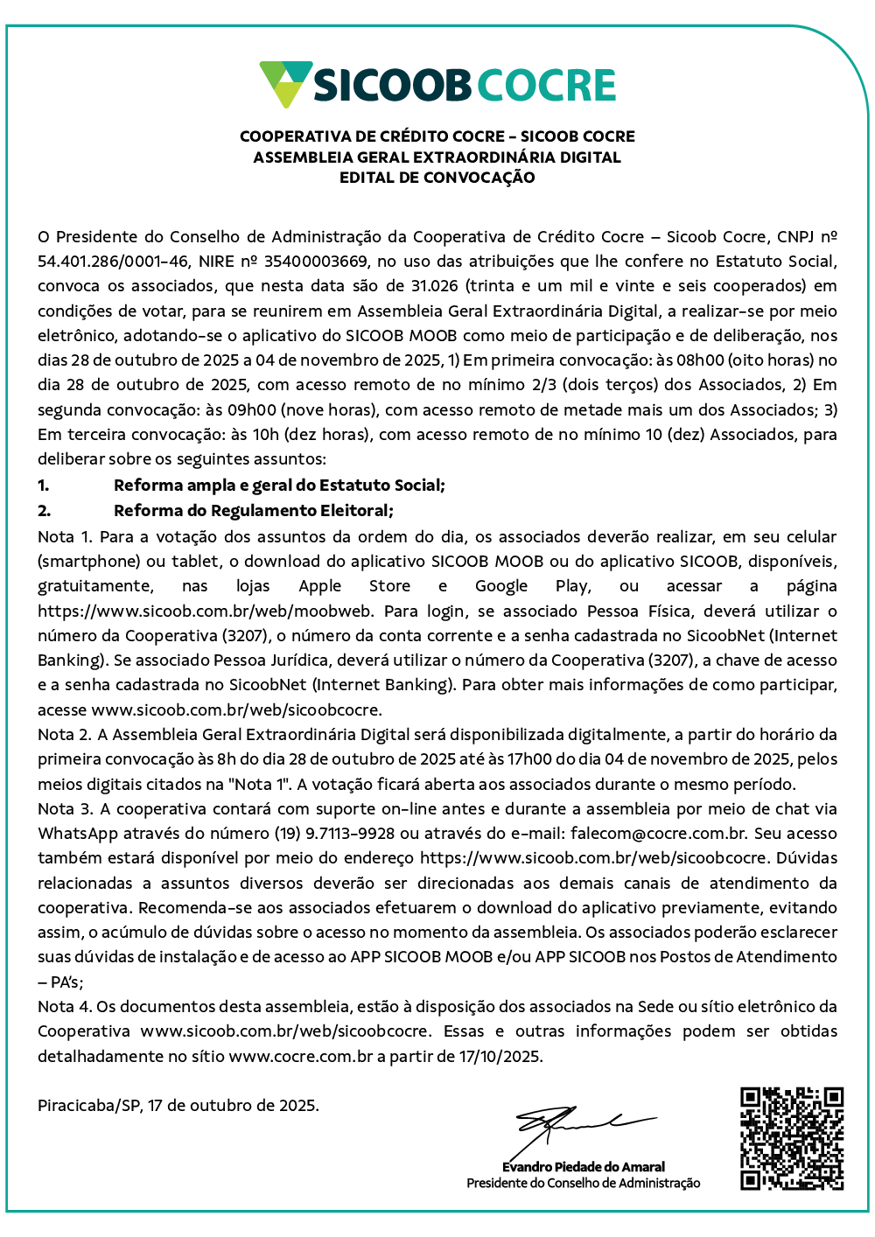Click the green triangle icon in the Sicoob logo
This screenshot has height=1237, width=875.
point(285,84)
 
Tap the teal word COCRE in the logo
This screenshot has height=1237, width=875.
point(547,85)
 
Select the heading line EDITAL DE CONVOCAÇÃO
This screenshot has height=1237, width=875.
point(437,178)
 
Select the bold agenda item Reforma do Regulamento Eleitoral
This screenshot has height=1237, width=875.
point(254,510)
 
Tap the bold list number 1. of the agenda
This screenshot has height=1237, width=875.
point(44,486)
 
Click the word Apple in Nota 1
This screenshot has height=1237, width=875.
point(319,586)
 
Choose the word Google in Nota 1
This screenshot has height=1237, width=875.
point(501,586)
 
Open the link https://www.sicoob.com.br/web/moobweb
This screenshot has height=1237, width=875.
point(206,611)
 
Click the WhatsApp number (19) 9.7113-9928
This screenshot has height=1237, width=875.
point(362,833)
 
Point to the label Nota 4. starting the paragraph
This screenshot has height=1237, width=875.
point(64,1006)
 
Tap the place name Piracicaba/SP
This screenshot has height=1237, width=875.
point(88,1105)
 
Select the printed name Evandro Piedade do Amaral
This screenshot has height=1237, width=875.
point(584,1167)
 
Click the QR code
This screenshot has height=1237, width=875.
point(791,1138)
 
